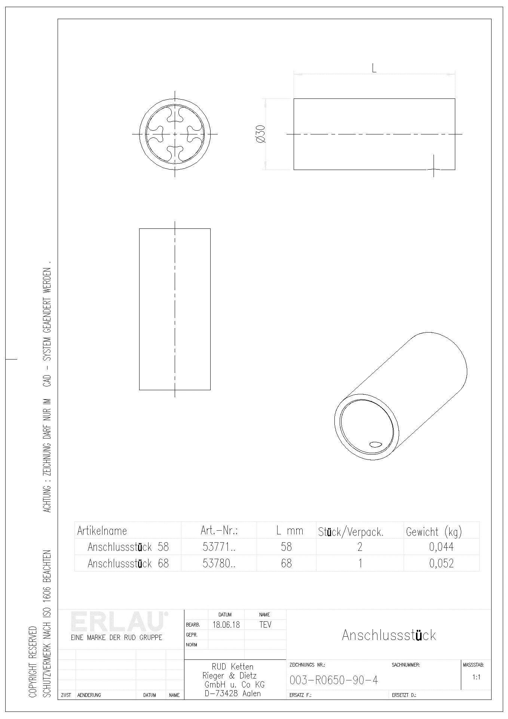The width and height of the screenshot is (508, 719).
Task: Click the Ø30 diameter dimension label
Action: tap(261, 134)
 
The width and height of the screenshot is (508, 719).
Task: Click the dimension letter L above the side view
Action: tap(374, 68)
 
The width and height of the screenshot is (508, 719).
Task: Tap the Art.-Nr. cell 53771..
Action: tap(219, 547)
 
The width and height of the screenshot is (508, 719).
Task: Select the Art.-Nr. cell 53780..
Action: tap(219, 563)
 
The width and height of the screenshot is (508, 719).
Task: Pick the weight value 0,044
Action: tap(441, 547)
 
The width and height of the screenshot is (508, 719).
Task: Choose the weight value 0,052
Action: tap(441, 563)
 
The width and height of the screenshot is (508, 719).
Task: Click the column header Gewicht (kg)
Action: tap(434, 531)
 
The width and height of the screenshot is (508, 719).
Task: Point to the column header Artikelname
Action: tap(102, 531)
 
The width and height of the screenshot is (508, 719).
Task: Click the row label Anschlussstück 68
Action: tap(128, 563)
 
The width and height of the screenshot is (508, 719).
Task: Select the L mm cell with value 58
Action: tap(286, 547)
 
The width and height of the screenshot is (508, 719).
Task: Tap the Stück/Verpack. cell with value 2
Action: tap(359, 547)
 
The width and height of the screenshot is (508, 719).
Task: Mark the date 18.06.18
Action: tap(226, 625)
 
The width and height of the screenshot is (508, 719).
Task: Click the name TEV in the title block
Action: tap(265, 625)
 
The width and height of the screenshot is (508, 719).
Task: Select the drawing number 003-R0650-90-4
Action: tap(334, 680)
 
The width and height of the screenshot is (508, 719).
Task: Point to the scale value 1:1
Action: tap(476, 677)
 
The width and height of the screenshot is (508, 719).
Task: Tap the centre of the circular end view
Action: tap(175, 134)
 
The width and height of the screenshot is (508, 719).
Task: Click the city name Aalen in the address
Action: tap(251, 693)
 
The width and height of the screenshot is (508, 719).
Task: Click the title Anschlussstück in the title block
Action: tap(389, 635)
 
